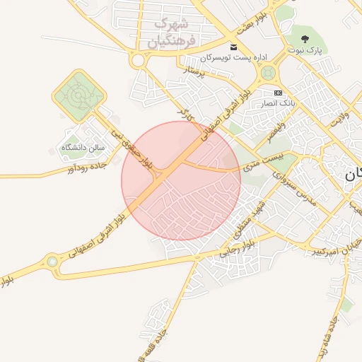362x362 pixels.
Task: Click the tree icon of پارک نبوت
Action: pos(305,40)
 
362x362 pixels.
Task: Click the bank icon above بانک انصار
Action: pos(278,93)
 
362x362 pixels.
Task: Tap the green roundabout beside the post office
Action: pos(267,73)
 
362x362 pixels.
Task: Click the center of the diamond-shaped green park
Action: pos(79,95)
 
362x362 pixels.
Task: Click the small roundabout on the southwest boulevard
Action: pos(52,263)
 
